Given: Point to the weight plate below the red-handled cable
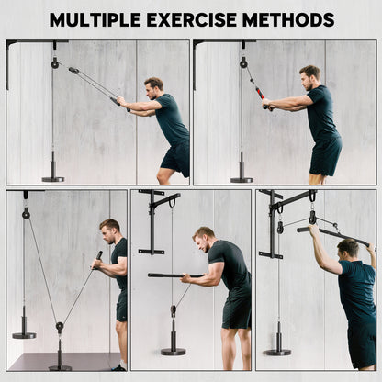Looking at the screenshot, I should (x=242, y=178).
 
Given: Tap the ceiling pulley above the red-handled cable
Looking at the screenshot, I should (x=243, y=62).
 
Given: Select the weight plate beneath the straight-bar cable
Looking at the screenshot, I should (x=172, y=350).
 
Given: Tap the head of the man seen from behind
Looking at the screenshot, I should (x=348, y=248).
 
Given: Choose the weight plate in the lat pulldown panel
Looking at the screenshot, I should (x=277, y=350).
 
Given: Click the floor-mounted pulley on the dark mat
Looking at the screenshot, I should (x=60, y=328).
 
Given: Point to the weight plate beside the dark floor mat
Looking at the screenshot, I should (x=24, y=334).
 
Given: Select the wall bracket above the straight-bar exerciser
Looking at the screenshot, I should (x=152, y=220).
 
